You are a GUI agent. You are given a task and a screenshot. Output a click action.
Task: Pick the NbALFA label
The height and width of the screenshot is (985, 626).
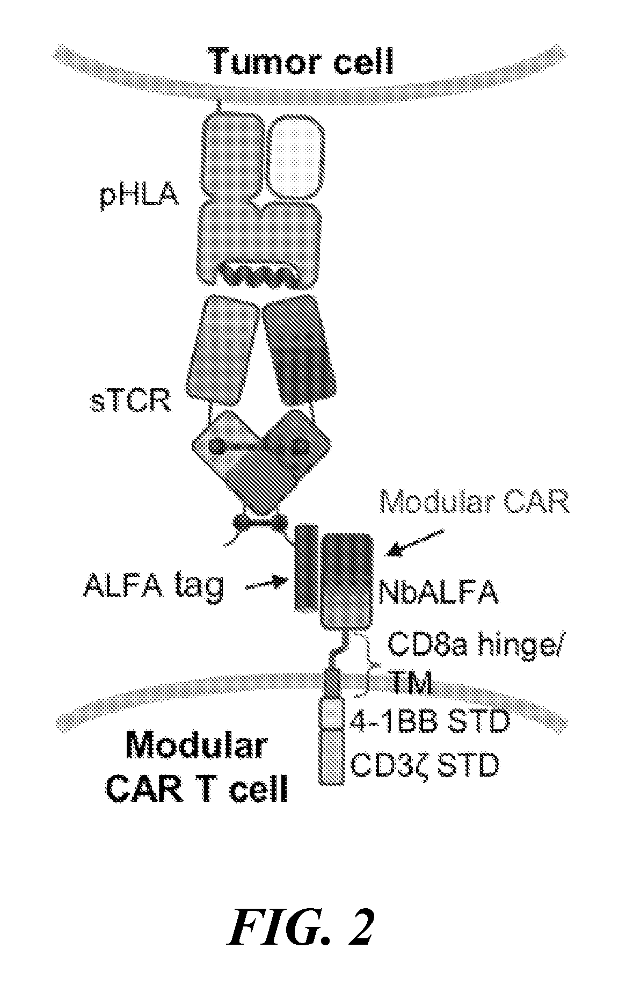(438, 592)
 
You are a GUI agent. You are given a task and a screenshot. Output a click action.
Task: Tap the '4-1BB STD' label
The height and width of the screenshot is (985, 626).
(428, 722)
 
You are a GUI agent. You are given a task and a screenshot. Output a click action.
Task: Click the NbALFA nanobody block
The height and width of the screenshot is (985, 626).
(347, 580)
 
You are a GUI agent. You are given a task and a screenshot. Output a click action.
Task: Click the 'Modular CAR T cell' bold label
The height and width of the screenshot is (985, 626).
(197, 769)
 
